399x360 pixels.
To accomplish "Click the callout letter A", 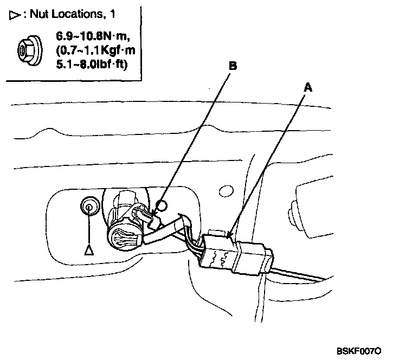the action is [x=308, y=87].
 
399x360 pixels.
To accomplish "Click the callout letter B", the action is [x=233, y=66].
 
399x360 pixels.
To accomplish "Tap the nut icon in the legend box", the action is [x=30, y=50].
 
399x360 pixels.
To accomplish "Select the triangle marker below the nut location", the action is [x=89, y=250].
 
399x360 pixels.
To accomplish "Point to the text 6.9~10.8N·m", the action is [x=93, y=36].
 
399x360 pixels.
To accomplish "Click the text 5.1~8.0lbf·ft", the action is [x=92, y=64].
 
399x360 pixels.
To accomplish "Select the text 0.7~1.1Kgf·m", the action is [x=95, y=50].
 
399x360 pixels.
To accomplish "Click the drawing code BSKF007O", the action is [x=359, y=351].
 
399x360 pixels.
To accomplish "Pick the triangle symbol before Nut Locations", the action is [x=15, y=15].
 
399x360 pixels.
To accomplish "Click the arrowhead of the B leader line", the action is [x=154, y=214].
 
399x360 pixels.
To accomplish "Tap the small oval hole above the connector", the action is [x=226, y=191].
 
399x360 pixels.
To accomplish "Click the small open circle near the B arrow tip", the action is [x=162, y=205].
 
